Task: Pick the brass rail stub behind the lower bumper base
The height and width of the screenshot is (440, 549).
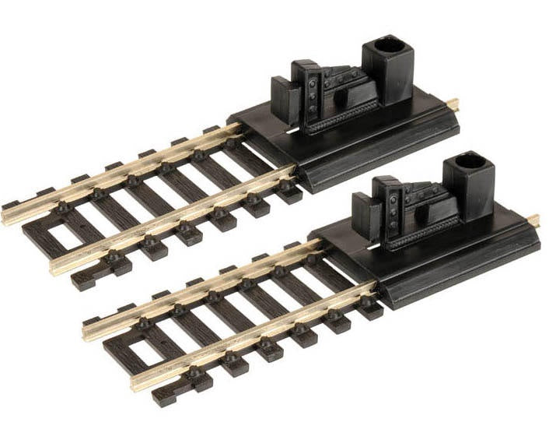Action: (x=533, y=220)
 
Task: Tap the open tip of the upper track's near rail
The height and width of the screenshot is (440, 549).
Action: (x=57, y=266)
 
